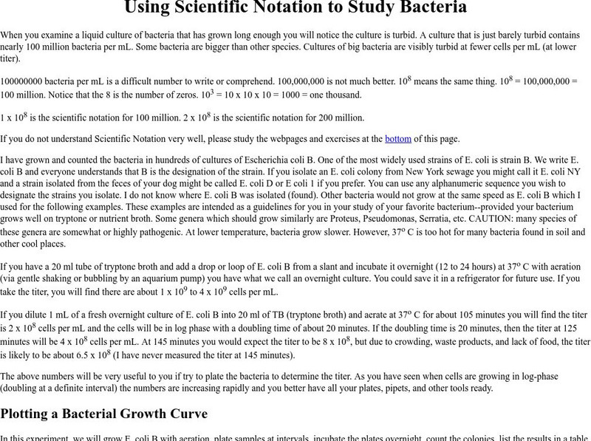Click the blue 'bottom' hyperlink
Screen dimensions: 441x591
click(x=397, y=138)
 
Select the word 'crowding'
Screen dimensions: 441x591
click(x=418, y=341)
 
